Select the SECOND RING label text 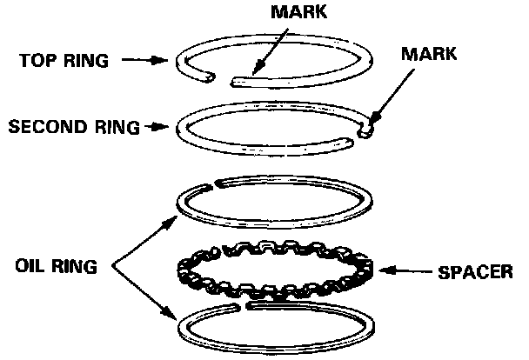(74, 126)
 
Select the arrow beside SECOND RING (157, 126)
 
